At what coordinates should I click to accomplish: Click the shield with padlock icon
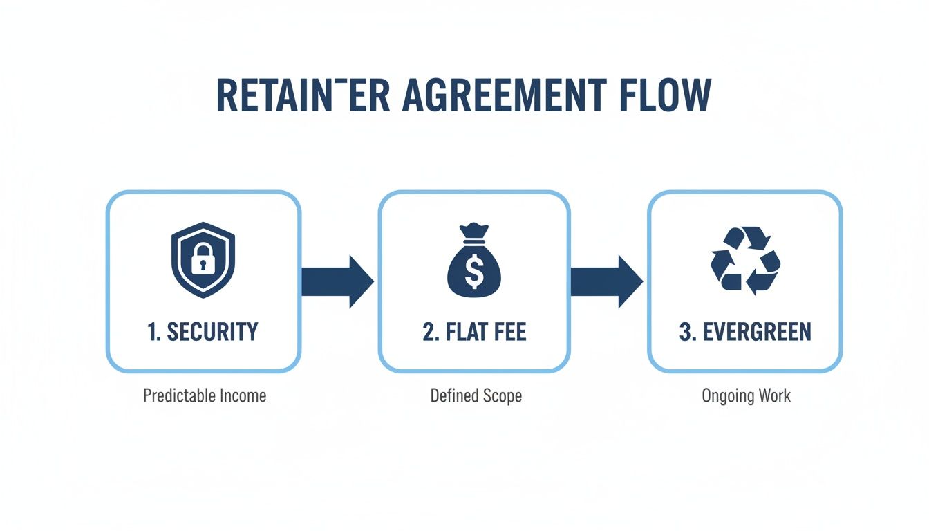pyautogui.click(x=203, y=261)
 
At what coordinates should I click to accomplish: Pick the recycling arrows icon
pyautogui.click(x=745, y=261)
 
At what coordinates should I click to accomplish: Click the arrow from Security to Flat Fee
pyautogui.click(x=337, y=281)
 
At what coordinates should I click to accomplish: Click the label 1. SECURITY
pyautogui.click(x=203, y=332)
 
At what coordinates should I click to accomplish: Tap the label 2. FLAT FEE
pyautogui.click(x=474, y=332)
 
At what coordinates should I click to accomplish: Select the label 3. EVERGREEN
pyautogui.click(x=745, y=332)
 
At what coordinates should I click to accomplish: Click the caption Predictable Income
pyautogui.click(x=205, y=396)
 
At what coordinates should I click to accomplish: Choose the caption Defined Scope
pyautogui.click(x=476, y=396)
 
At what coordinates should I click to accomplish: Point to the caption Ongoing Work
pyautogui.click(x=746, y=396)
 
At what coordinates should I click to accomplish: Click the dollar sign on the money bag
pyautogui.click(x=474, y=271)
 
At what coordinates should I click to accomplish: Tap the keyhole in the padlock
pyautogui.click(x=203, y=265)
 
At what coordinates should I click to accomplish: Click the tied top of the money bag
pyautogui.click(x=474, y=230)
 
